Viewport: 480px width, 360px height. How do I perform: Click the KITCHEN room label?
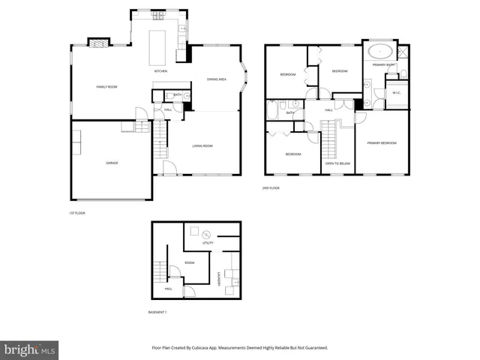[160, 71]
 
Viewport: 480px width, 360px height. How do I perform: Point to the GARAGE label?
[112, 163]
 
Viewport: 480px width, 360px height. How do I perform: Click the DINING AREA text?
[217, 80]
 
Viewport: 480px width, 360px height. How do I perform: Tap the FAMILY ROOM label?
[107, 87]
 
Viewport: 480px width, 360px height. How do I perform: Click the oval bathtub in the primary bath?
[379, 52]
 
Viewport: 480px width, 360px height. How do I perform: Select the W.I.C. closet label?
[396, 93]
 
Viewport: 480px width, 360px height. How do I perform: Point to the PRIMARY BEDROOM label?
[382, 142]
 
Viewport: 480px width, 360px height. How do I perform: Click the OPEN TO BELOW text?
[337, 163]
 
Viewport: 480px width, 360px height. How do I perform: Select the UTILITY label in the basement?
[208, 243]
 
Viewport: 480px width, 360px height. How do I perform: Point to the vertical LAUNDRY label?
[219, 277]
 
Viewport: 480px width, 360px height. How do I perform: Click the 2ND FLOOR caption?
[271, 187]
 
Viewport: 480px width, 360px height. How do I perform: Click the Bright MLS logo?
[30, 349]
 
